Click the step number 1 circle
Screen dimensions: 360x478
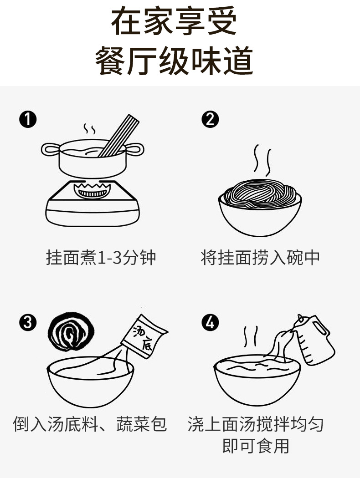pyautogui.click(x=28, y=119)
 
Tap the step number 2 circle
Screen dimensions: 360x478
pyautogui.click(x=210, y=119)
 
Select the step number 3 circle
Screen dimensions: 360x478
pyautogui.click(x=28, y=322)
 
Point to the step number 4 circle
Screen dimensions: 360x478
pyautogui.click(x=210, y=322)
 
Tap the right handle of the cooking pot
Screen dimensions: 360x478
pyautogui.click(x=134, y=149)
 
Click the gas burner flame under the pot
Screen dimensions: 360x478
pyautogui.click(x=92, y=190)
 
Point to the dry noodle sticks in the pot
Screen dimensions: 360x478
pyautogui.click(x=118, y=136)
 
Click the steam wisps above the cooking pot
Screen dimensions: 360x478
pyautogui.click(x=89, y=129)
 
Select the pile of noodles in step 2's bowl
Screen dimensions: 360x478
pyautogui.click(x=260, y=193)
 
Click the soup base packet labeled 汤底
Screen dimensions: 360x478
pyautogui.click(x=144, y=336)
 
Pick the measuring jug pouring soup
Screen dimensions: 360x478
pyautogui.click(x=314, y=340)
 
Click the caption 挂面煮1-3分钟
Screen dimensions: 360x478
pyautogui.click(x=101, y=258)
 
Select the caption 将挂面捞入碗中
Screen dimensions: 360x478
pyautogui.click(x=260, y=258)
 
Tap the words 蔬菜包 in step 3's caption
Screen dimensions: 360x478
pyautogui.click(x=142, y=424)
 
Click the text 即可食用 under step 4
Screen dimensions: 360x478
pyautogui.click(x=256, y=446)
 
